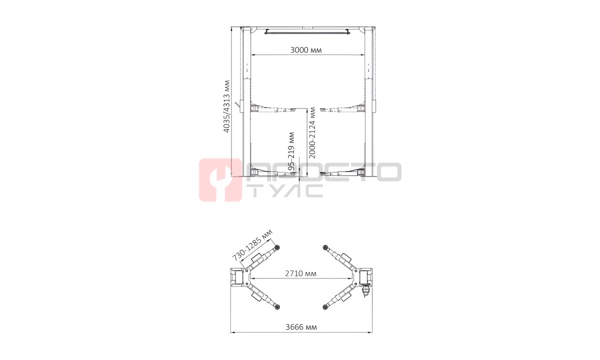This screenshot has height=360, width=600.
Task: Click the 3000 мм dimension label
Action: point(306,50)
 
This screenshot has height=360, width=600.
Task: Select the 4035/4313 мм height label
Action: point(226,106)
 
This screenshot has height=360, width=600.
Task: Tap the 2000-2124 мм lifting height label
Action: point(312,133)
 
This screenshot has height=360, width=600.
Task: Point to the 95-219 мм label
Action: point(291,151)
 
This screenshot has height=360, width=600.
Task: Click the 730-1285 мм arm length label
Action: point(252,245)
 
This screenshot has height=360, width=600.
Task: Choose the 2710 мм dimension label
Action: point(300,273)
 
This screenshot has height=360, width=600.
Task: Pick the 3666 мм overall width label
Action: point(301,327)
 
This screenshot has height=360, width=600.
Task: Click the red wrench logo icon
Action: point(220,180)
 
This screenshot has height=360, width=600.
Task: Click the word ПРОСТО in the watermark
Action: point(323,172)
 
